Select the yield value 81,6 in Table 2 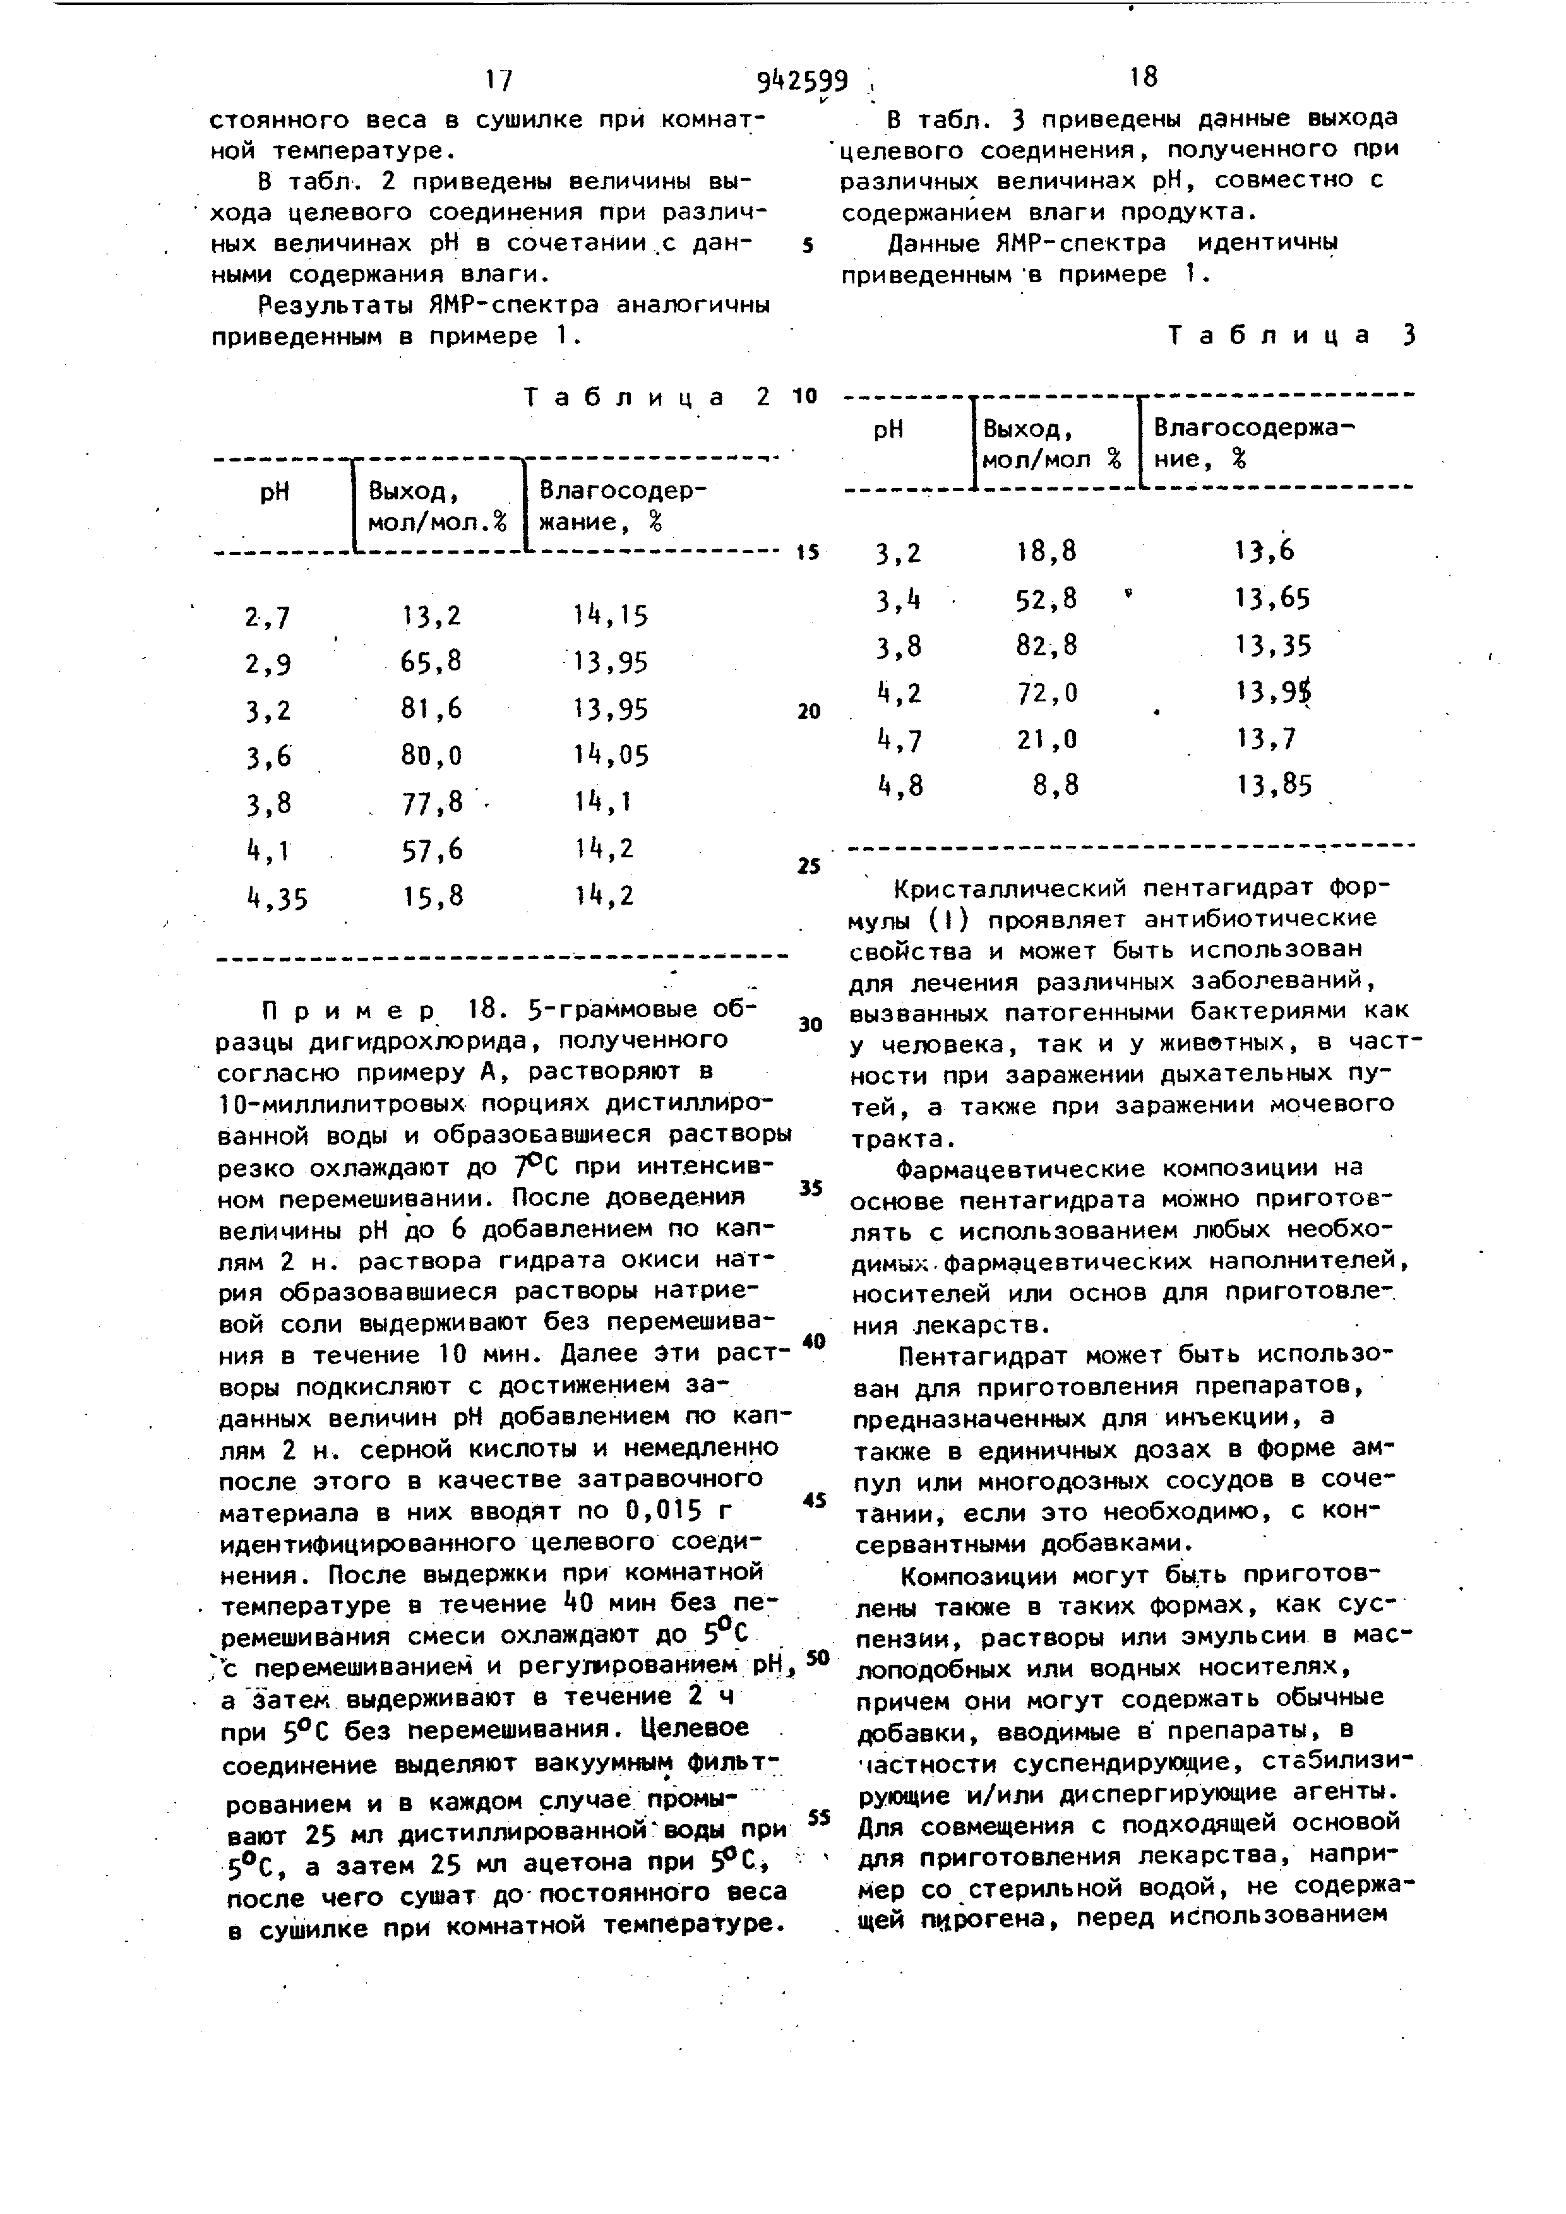pyautogui.click(x=432, y=709)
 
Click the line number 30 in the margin pyautogui.click(x=810, y=1024)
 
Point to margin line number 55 pyautogui.click(x=819, y=1818)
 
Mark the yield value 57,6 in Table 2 pyautogui.click(x=432, y=850)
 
